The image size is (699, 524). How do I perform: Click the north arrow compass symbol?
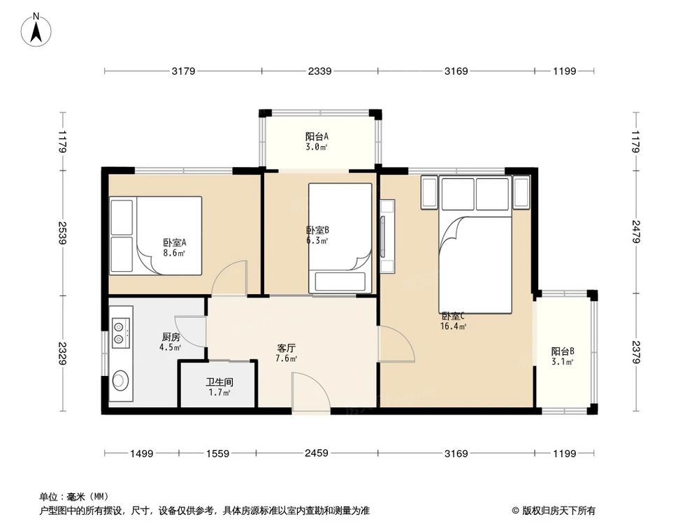point(36,29)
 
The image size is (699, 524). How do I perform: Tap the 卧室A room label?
point(174,243)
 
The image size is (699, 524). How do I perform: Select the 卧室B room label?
point(317,231)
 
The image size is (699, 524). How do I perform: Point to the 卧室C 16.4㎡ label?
point(453,321)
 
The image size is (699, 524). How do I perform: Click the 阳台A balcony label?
point(317,136)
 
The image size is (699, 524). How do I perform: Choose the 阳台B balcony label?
point(563,351)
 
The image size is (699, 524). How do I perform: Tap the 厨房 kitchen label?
point(171,337)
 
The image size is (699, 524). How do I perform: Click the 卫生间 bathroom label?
point(219,382)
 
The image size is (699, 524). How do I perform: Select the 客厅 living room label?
point(286,348)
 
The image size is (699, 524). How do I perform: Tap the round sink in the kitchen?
point(120,380)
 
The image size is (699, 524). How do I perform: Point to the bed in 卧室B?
point(340,238)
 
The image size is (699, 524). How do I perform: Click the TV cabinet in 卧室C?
point(387,236)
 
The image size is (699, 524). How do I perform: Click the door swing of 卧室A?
point(229,278)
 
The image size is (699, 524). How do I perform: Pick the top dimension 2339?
point(319,71)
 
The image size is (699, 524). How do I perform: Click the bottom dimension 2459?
point(317,453)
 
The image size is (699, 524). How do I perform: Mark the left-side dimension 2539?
point(62,233)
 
